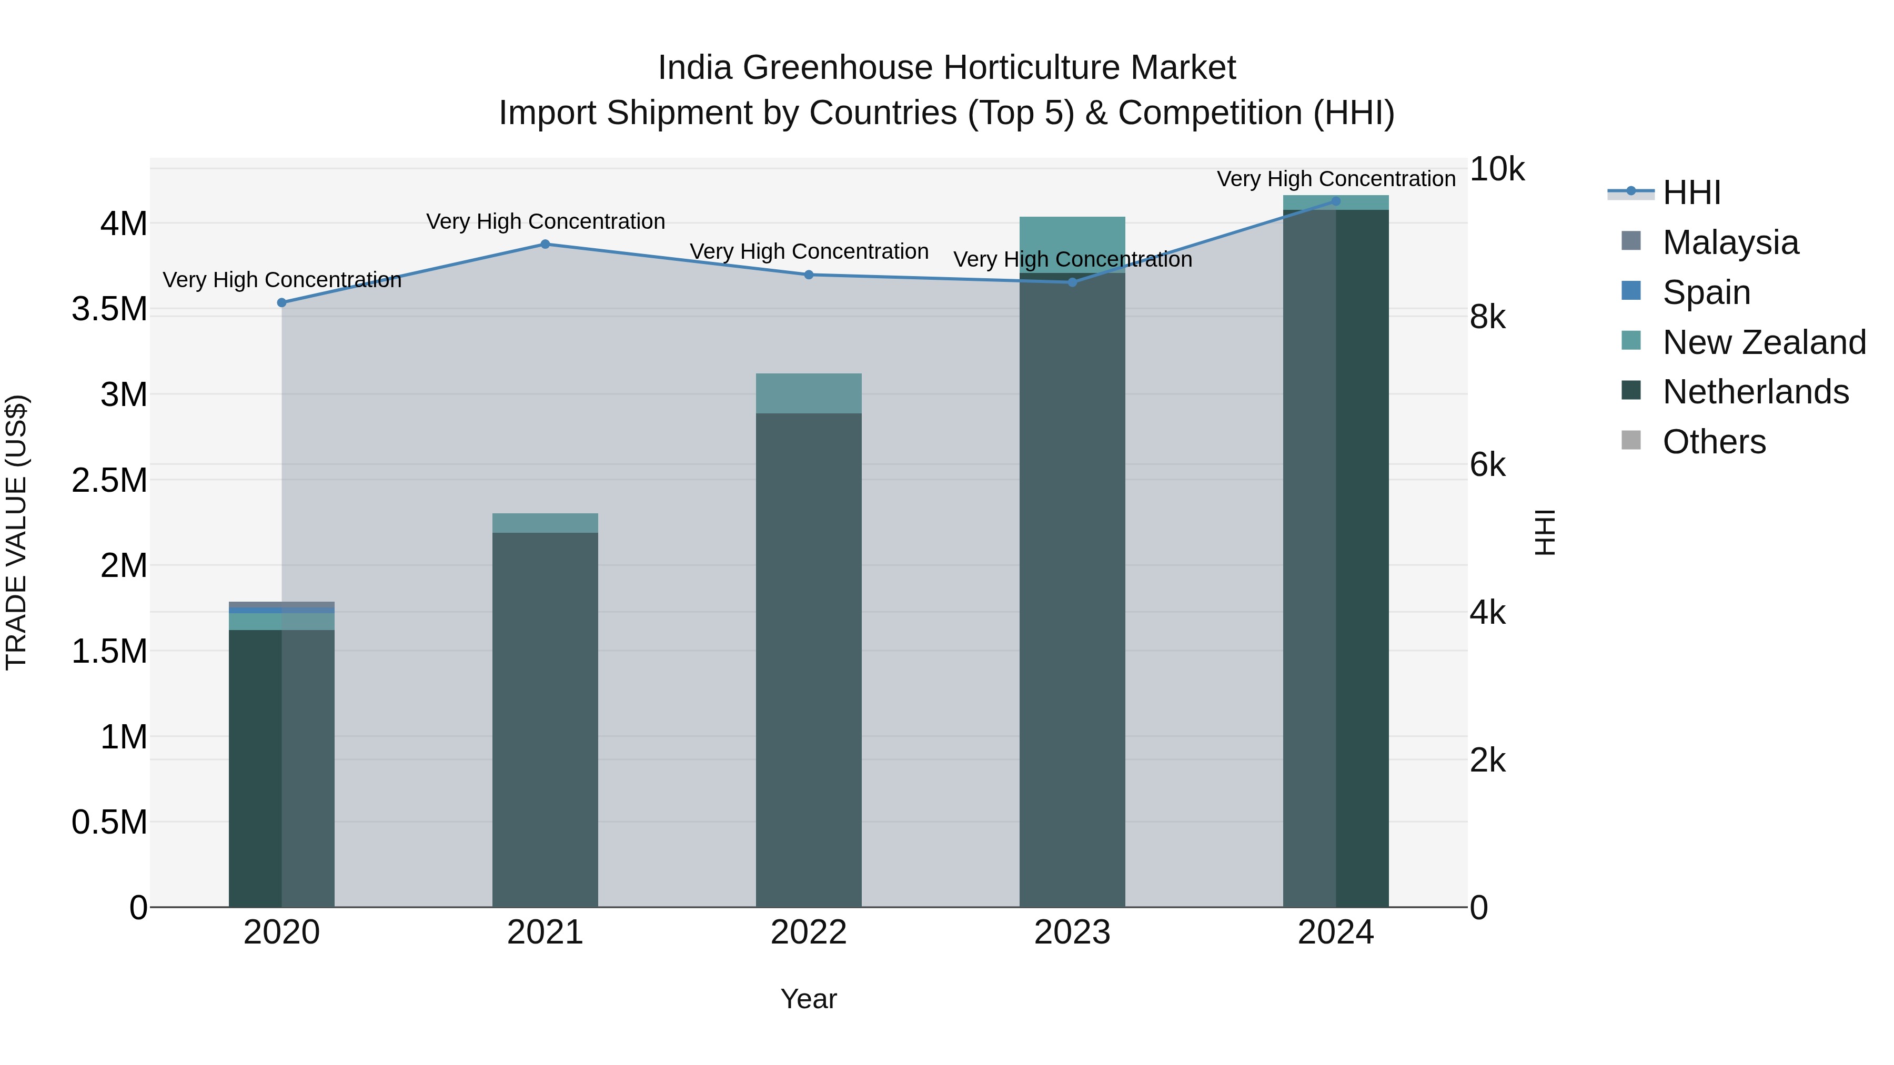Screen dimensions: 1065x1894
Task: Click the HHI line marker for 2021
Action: tap(545, 244)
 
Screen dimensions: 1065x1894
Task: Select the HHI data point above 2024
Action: tap(1336, 201)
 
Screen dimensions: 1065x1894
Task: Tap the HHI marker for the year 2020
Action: tap(281, 302)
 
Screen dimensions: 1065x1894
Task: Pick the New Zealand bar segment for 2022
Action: tap(809, 393)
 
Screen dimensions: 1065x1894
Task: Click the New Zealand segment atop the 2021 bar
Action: tap(545, 523)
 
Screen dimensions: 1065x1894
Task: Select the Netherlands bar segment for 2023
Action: tap(1072, 588)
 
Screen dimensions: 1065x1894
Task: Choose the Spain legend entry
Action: tap(1706, 292)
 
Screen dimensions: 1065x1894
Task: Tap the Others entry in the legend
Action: tap(1713, 442)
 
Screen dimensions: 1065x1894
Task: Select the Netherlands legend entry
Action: tap(1755, 392)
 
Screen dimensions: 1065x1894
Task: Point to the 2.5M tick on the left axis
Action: tap(109, 481)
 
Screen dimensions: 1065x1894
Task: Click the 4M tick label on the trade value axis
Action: tap(124, 224)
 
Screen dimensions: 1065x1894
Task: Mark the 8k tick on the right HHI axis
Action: tap(1487, 318)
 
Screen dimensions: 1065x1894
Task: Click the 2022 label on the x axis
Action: tap(809, 932)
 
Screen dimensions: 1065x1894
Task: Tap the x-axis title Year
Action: tap(809, 999)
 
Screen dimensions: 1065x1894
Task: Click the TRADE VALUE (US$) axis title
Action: tap(16, 532)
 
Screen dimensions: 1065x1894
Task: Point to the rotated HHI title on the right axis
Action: tap(1546, 532)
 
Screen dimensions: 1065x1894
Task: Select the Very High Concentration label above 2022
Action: tap(809, 251)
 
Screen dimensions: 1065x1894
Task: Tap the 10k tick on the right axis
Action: tap(1496, 170)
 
